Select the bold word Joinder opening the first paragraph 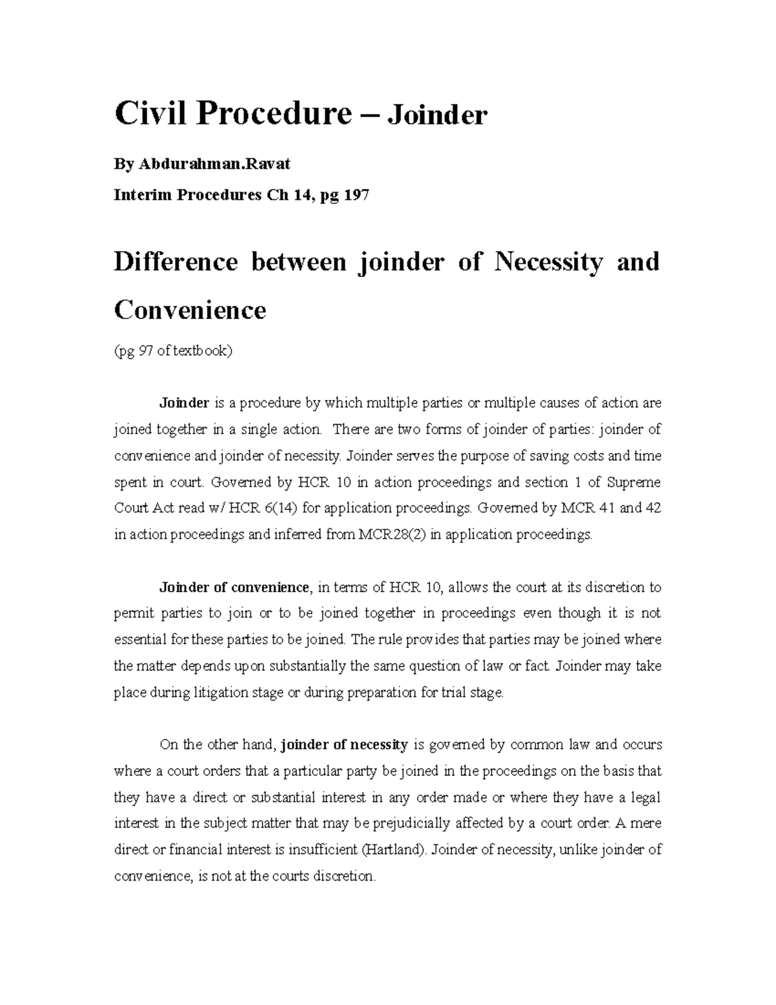pos(184,403)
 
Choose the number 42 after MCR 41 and pos(653,509)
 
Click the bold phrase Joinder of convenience pos(234,588)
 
